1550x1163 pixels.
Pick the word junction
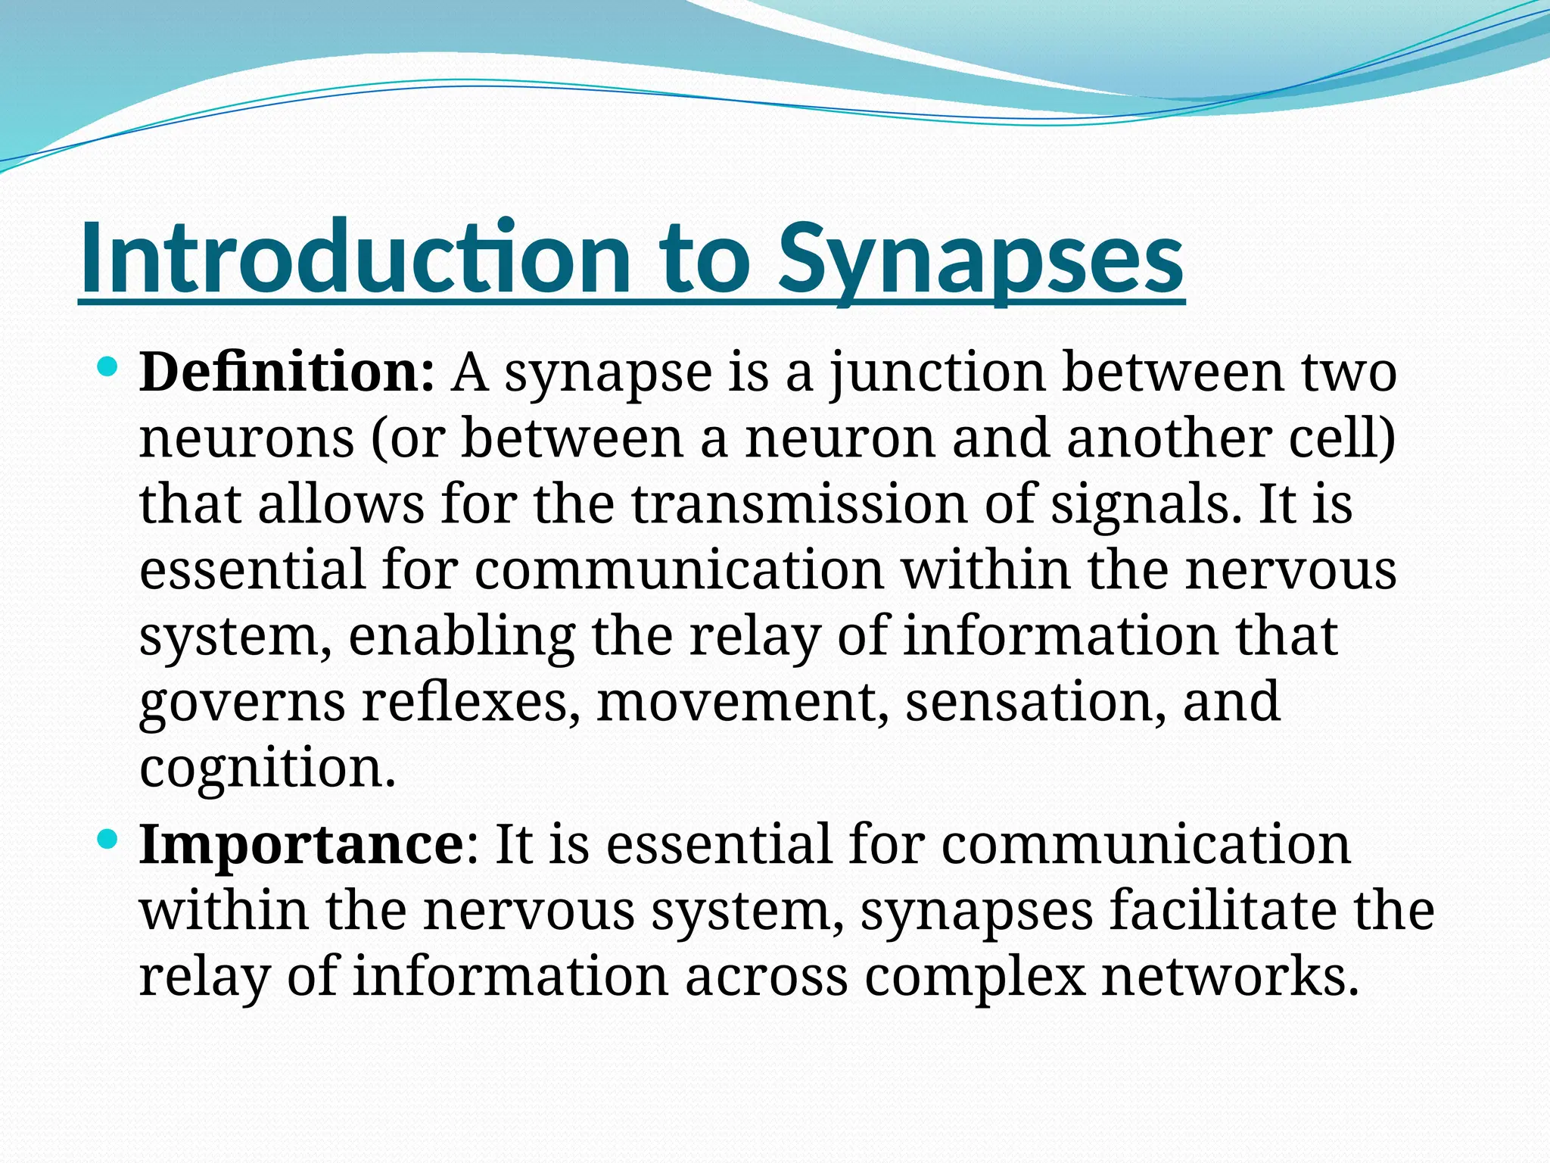pyautogui.click(x=938, y=375)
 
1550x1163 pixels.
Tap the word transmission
pyautogui.click(x=799, y=504)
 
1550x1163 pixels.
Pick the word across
pyautogui.click(x=767, y=976)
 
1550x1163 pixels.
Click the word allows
pyautogui.click(x=341, y=504)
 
